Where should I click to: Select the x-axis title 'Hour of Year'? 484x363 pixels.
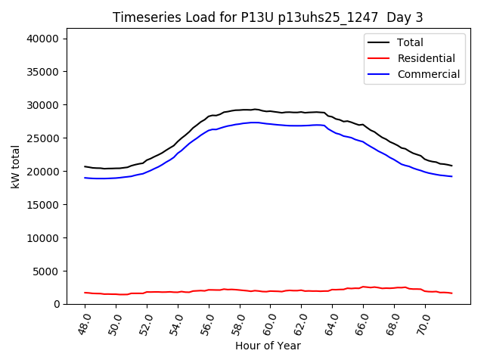(x=268, y=346)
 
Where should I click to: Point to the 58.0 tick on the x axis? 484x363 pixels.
(x=238, y=323)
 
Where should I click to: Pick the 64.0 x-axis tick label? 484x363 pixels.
(x=331, y=323)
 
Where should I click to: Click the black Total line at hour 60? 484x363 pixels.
(x=271, y=111)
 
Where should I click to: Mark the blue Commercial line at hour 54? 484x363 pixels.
(x=178, y=154)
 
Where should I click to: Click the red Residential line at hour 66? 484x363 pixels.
(x=363, y=287)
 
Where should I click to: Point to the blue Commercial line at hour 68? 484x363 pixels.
(x=394, y=159)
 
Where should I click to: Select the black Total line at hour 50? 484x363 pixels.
(x=116, y=169)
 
